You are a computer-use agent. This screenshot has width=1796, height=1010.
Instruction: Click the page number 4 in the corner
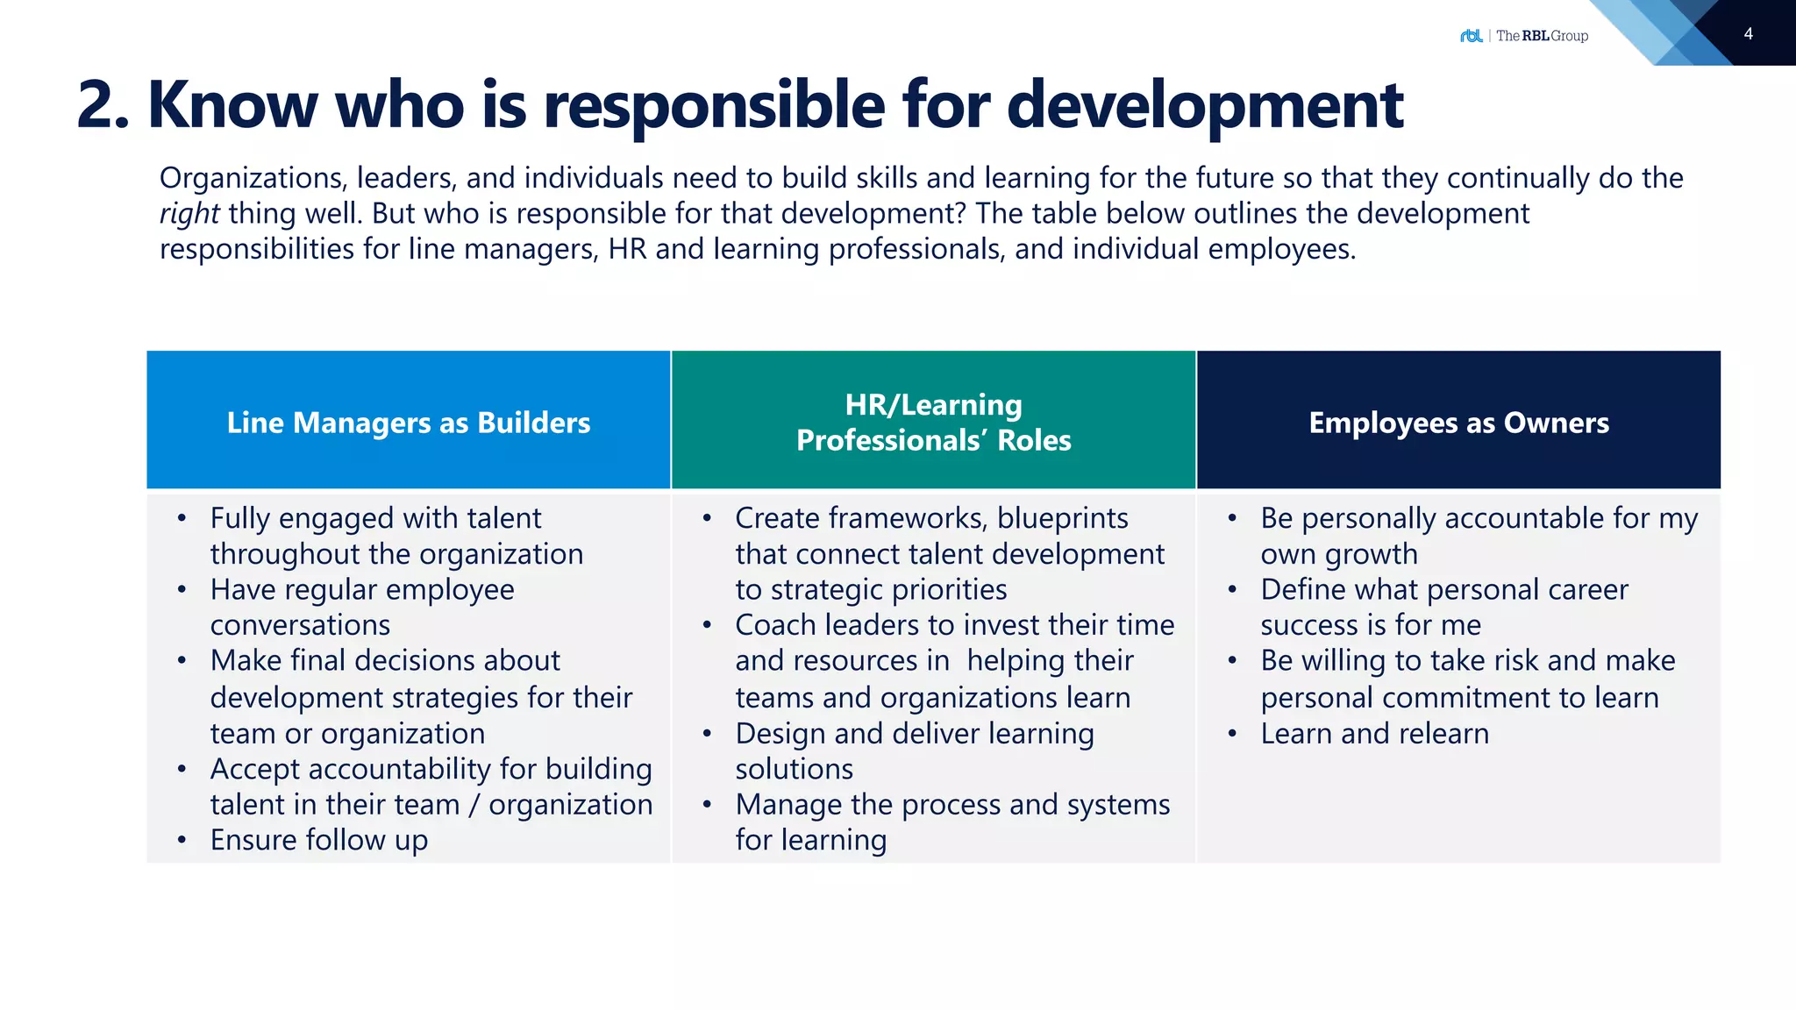pyautogui.click(x=1748, y=34)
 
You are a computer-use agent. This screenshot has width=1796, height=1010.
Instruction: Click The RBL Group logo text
pyautogui.click(x=1542, y=36)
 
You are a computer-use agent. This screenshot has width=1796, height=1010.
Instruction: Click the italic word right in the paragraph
pyautogui.click(x=189, y=214)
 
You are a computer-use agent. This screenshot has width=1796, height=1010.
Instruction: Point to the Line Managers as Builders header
pyautogui.click(x=409, y=423)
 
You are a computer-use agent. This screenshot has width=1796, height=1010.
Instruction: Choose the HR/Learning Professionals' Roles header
pyautogui.click(x=933, y=422)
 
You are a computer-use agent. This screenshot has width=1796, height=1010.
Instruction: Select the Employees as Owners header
pyautogui.click(x=1458, y=423)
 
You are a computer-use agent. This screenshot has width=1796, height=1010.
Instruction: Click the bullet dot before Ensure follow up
pyautogui.click(x=182, y=841)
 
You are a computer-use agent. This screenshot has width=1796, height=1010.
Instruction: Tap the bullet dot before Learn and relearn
pyautogui.click(x=1232, y=734)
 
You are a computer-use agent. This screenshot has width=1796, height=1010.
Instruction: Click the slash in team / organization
pyautogui.click(x=474, y=805)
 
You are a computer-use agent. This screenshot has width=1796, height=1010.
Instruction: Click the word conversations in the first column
pyautogui.click(x=300, y=625)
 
